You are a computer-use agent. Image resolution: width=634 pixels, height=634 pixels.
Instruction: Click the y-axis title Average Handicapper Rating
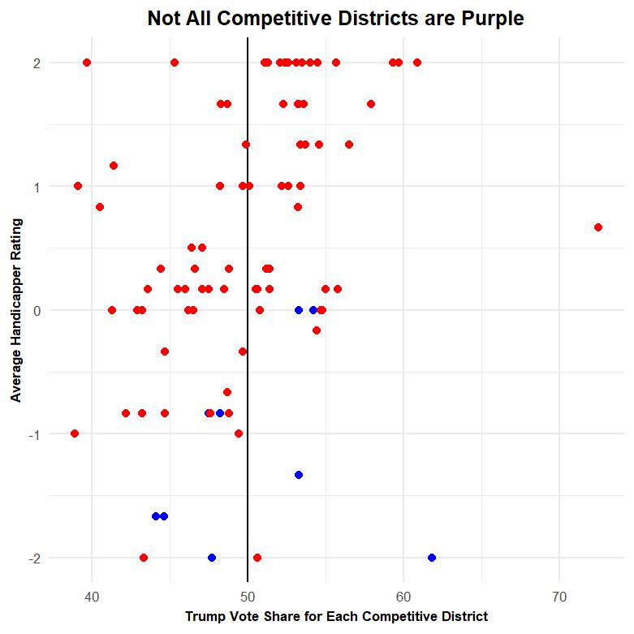coord(16,310)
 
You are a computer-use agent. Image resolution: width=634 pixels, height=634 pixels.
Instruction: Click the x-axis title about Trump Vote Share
coord(336,617)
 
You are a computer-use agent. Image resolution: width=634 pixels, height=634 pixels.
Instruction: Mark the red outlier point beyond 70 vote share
coord(598,227)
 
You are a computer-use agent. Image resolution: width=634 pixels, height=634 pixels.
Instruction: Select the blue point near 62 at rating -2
coord(432,558)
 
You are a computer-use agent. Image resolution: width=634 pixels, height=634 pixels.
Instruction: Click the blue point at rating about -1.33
coord(299,475)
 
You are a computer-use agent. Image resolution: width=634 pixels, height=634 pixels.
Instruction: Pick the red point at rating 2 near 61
coord(417,63)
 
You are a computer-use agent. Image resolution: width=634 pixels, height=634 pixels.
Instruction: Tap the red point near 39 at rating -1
coord(75,433)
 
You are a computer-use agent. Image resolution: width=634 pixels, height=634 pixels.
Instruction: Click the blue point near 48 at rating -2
coord(212,558)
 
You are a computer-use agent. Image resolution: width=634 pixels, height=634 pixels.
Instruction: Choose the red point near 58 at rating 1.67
coord(371,104)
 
